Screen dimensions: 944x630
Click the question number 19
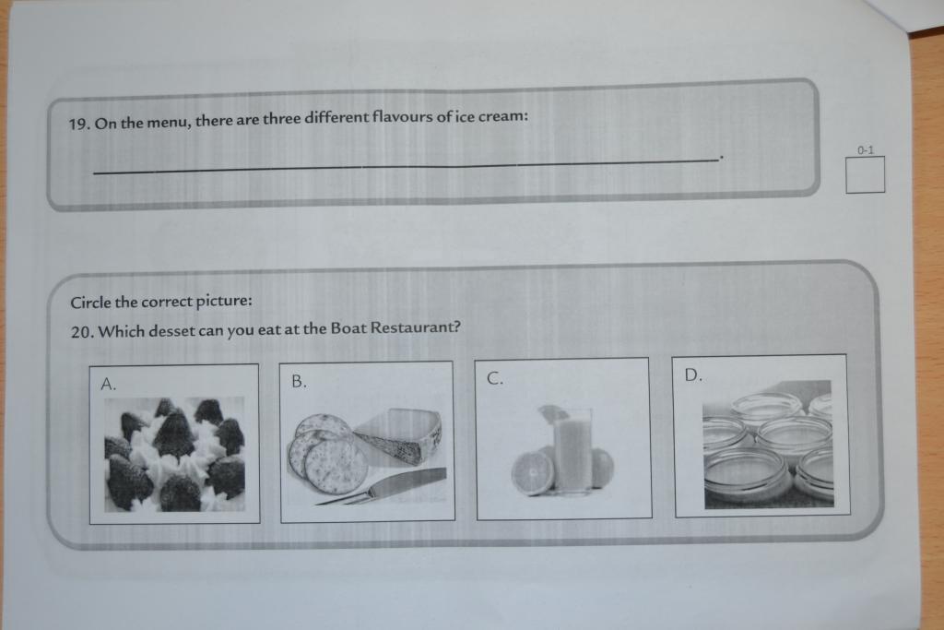coord(79,125)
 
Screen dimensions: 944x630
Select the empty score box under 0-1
coord(865,174)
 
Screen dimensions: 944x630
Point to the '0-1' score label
coord(866,150)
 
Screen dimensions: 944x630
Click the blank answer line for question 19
coord(407,165)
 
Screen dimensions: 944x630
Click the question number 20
coord(81,332)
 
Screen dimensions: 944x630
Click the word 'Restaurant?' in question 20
coord(416,327)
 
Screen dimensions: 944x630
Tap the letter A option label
coord(109,385)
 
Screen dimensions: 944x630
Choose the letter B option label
coord(299,381)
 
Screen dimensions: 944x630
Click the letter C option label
coord(494,378)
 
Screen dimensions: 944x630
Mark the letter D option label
coord(693,374)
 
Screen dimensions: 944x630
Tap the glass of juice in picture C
coord(572,450)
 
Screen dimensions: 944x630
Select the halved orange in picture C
coord(533,473)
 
